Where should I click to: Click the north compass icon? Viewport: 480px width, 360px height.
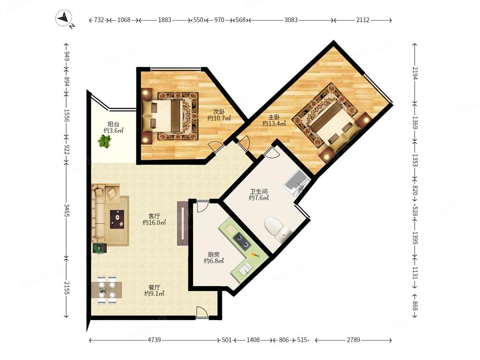64,18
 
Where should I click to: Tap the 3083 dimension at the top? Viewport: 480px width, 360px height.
291,20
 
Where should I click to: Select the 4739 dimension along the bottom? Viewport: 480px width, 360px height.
154,340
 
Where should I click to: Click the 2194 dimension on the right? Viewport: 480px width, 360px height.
415,73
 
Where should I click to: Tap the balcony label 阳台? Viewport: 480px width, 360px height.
113,124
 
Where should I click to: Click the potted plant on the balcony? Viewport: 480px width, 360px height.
105,142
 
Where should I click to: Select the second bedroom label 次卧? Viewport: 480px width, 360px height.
219,112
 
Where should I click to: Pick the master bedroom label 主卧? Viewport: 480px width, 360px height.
274,117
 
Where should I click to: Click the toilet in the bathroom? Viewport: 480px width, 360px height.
277,228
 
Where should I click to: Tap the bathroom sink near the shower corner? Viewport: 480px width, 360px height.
296,183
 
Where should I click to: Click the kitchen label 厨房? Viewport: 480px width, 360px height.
214,255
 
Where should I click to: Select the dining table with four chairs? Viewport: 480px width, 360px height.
107,289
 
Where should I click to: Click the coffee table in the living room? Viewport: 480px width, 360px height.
117,219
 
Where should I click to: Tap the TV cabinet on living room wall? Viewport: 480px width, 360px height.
182,223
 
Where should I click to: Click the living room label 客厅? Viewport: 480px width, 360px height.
154,216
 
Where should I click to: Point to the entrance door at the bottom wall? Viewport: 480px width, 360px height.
202,313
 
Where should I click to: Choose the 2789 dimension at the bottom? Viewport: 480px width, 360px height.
353,340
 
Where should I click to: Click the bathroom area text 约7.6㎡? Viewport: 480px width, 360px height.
259,198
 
